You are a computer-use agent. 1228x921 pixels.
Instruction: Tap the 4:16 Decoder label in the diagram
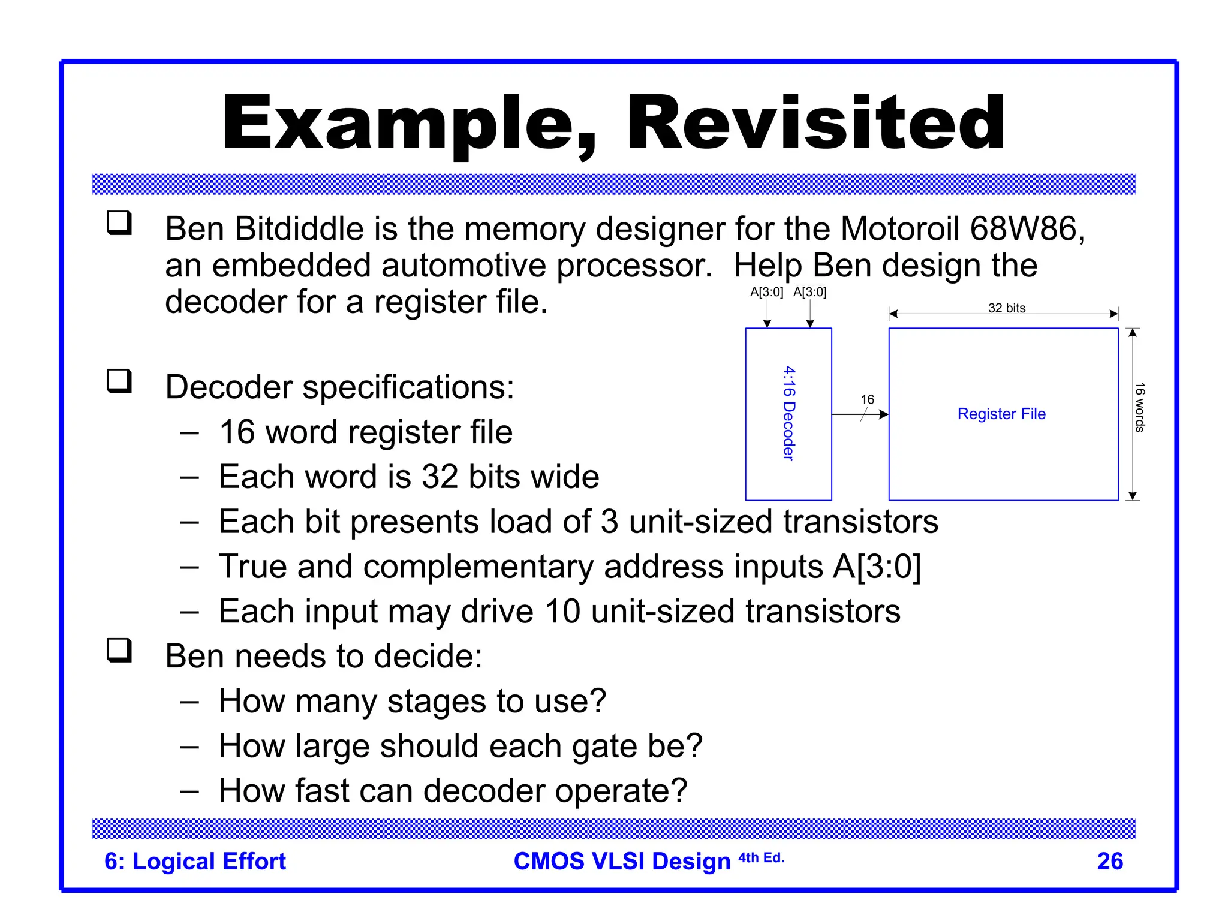click(788, 413)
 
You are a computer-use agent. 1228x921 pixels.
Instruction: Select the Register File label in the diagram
click(1001, 414)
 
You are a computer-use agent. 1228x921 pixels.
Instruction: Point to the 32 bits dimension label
click(1007, 308)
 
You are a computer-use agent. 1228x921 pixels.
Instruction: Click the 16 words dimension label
click(1139, 407)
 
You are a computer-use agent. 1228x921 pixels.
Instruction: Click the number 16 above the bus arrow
click(867, 399)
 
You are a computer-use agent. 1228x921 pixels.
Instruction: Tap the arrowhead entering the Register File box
click(883, 414)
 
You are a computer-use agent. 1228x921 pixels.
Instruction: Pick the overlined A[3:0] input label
click(809, 292)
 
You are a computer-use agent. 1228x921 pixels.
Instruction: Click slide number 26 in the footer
click(1110, 861)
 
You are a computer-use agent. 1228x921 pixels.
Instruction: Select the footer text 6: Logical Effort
click(195, 861)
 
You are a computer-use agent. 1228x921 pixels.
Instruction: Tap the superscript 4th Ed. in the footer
click(761, 857)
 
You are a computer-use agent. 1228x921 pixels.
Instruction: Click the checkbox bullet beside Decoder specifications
click(119, 381)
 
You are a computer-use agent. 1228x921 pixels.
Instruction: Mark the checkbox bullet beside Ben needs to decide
click(119, 650)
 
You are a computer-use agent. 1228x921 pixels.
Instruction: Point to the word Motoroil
click(901, 228)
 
